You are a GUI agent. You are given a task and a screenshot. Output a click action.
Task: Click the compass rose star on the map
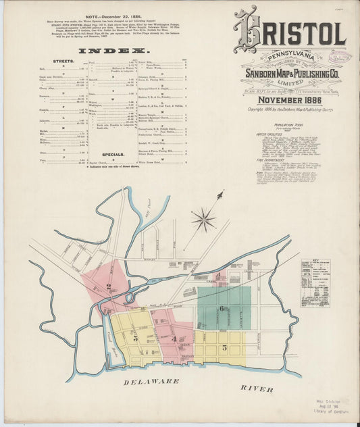click(204, 218)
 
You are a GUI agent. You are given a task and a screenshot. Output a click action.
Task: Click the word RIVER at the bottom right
click(257, 389)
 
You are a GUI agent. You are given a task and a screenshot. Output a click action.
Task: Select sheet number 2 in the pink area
click(107, 286)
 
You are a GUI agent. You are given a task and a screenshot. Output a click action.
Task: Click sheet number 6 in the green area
click(221, 307)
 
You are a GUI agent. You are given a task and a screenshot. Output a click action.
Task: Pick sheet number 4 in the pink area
click(174, 338)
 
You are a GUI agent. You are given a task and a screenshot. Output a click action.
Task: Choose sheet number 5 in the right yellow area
click(224, 347)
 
